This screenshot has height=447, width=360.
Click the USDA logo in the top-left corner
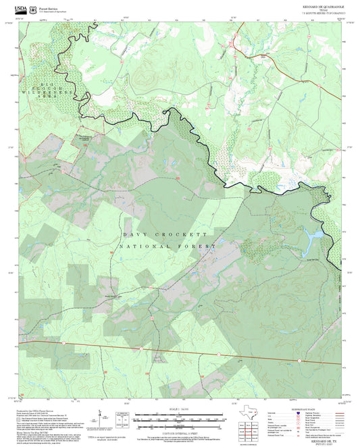[x=20, y=9]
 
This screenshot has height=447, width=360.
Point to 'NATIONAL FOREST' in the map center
[x=167, y=247]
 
